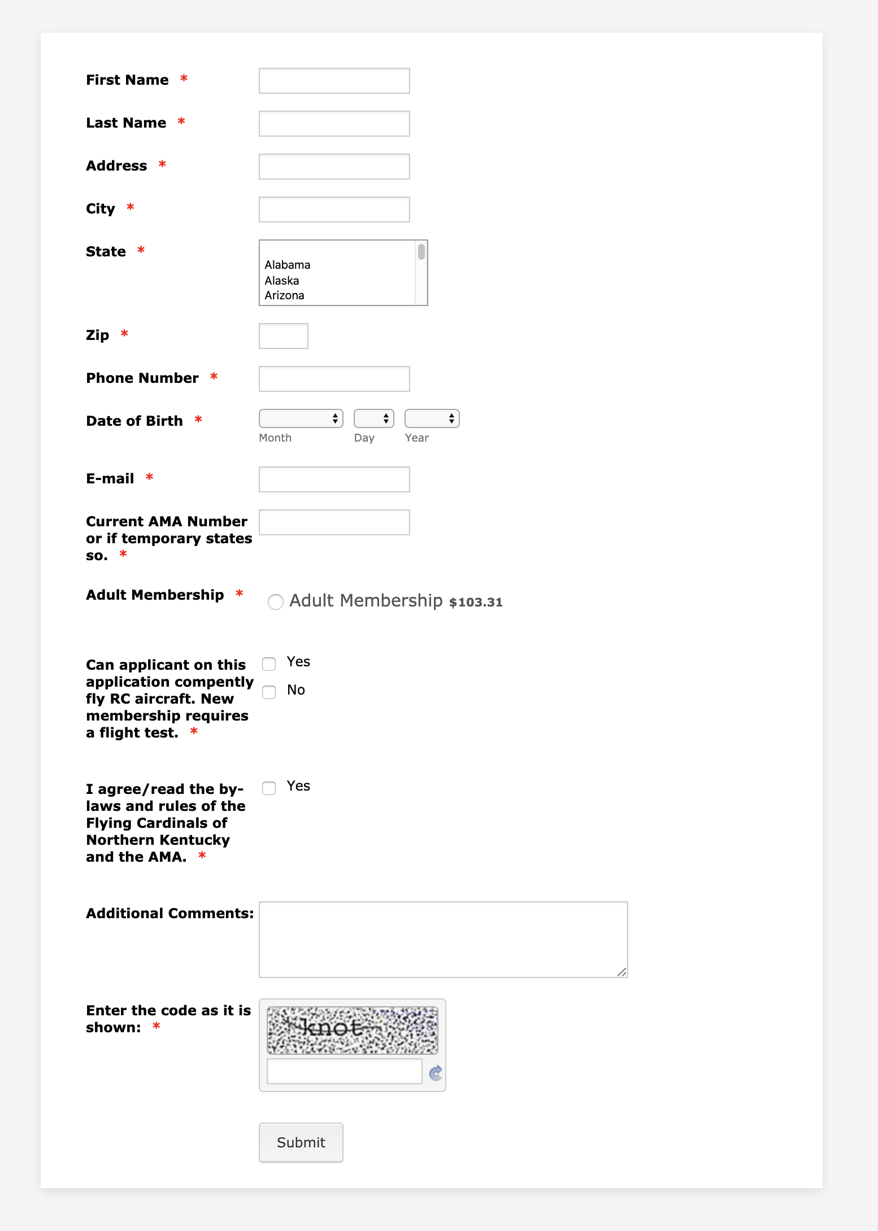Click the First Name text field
pyautogui.click(x=334, y=81)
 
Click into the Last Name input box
pyautogui.click(x=334, y=124)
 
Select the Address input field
pyautogui.click(x=334, y=167)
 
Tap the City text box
pyautogui.click(x=334, y=209)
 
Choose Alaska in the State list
pyautogui.click(x=282, y=281)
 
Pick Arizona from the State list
pyautogui.click(x=284, y=295)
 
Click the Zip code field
pyautogui.click(x=283, y=336)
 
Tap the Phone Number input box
pyautogui.click(x=334, y=379)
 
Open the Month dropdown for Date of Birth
pyautogui.click(x=301, y=418)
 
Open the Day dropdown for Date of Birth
pyautogui.click(x=373, y=418)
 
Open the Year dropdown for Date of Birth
pyautogui.click(x=432, y=418)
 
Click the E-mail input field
pyautogui.click(x=334, y=479)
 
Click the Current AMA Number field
pyautogui.click(x=334, y=522)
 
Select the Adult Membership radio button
pyautogui.click(x=276, y=602)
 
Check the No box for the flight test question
pyautogui.click(x=269, y=692)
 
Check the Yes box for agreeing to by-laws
pyautogui.click(x=269, y=788)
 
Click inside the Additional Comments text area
pyautogui.click(x=443, y=939)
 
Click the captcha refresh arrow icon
pyautogui.click(x=436, y=1073)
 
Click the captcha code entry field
pyautogui.click(x=344, y=1071)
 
